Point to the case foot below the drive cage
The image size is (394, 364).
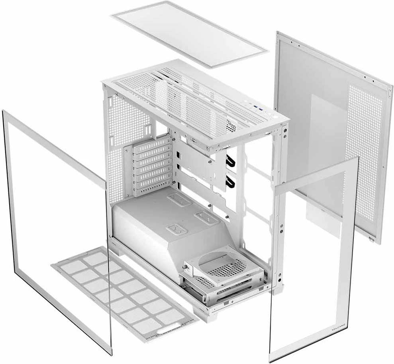207,315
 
